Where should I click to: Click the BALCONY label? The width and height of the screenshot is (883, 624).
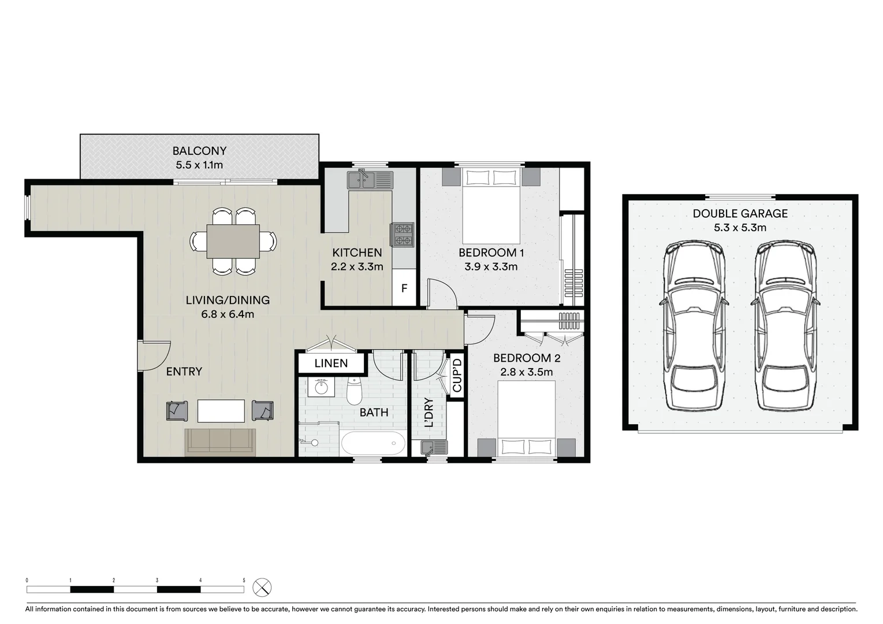(x=199, y=151)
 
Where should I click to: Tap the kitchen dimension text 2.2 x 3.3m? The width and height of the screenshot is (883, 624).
(x=357, y=267)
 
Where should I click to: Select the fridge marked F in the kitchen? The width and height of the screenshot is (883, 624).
(x=404, y=288)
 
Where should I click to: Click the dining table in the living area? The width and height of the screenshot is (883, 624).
(x=233, y=241)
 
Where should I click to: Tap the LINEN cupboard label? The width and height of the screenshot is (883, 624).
(x=331, y=363)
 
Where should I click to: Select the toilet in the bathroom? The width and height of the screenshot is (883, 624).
(x=354, y=392)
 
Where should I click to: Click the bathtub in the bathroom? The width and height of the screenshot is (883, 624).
(x=372, y=444)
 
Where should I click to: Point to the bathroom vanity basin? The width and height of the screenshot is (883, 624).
(x=321, y=387)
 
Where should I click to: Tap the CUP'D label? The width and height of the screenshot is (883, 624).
(x=457, y=375)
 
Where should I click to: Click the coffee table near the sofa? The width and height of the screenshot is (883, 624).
(x=221, y=411)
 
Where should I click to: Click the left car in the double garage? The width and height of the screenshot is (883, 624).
(x=693, y=326)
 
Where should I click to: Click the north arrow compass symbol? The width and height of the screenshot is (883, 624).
(x=262, y=588)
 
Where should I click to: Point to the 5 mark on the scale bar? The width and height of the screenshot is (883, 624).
(x=244, y=580)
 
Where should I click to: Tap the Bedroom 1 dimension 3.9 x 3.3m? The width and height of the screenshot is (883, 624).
(x=491, y=267)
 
